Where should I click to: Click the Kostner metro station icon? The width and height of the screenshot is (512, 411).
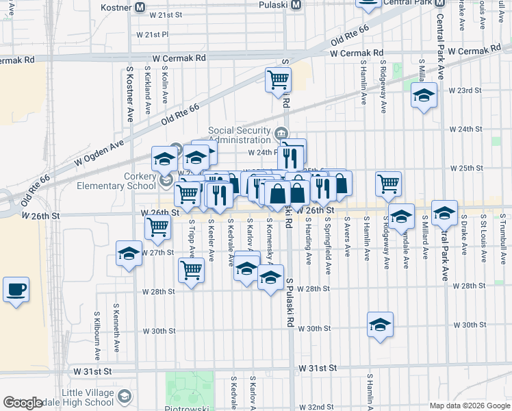coord(140,7)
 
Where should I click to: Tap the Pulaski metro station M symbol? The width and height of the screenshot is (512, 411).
coord(296,5)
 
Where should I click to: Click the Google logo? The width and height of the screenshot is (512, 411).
coord(23,403)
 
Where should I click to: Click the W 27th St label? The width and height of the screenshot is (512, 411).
coord(157,253)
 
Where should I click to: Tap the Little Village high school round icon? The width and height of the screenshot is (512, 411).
coord(125,396)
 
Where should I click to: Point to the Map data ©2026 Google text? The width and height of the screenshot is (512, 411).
coord(470,405)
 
